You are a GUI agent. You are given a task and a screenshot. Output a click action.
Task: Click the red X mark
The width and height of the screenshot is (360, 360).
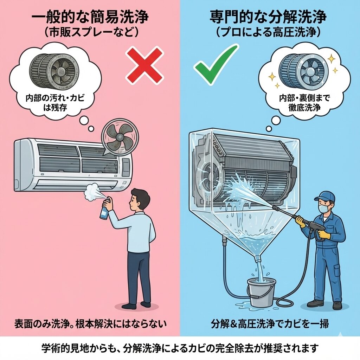[145, 64]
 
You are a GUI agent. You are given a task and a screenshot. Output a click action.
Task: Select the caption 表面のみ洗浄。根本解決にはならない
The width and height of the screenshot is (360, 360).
[90, 323]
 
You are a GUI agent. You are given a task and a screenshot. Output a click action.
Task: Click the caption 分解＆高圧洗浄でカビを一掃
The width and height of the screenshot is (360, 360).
[270, 323]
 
